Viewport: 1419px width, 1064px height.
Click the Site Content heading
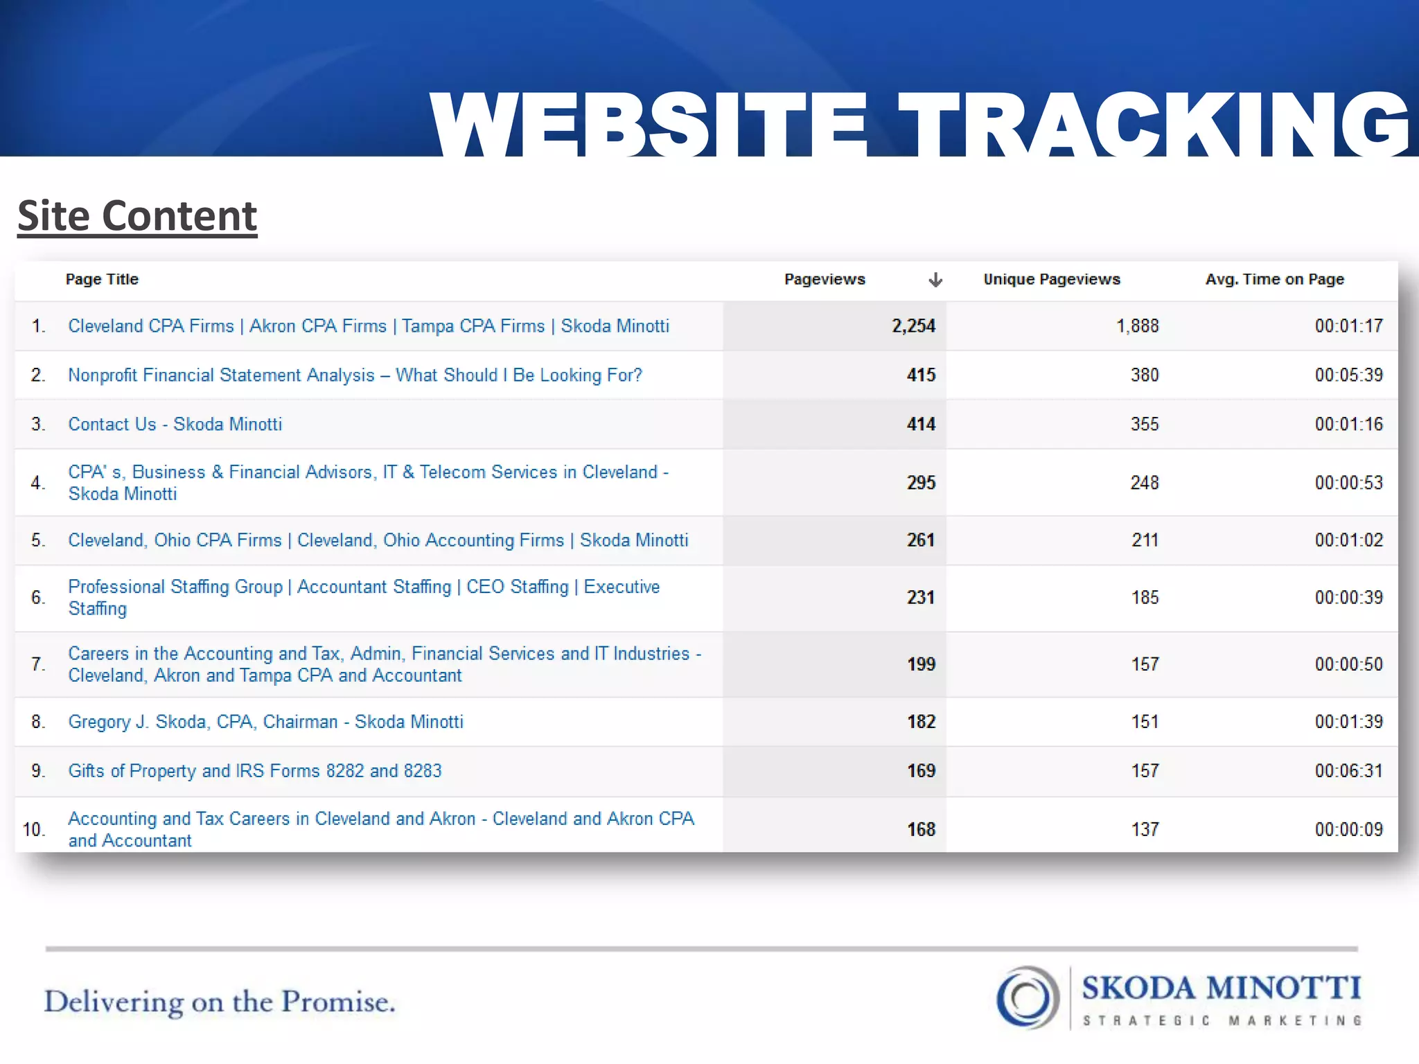pyautogui.click(x=137, y=216)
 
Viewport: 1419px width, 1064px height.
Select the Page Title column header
pyautogui.click(x=102, y=279)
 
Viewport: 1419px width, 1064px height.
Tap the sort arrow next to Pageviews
pyautogui.click(x=935, y=280)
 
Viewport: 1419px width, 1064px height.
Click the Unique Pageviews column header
pyautogui.click(x=1051, y=279)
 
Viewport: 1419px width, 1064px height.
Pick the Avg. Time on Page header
pyautogui.click(x=1274, y=279)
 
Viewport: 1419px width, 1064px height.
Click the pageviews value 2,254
pyautogui.click(x=913, y=326)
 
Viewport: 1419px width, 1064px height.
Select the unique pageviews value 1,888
pyautogui.click(x=1137, y=326)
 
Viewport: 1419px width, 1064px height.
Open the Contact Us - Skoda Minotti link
pyautogui.click(x=175, y=424)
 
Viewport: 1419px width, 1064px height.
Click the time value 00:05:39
pyautogui.click(x=1348, y=375)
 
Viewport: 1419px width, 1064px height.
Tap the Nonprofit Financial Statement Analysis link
pyautogui.click(x=355, y=375)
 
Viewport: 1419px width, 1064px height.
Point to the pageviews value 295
pyautogui.click(x=921, y=483)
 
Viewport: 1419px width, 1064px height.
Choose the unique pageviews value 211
pyautogui.click(x=1145, y=540)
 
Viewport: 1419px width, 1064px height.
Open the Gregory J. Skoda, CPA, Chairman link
pyautogui.click(x=265, y=722)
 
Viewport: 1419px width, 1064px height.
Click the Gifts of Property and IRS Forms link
pyautogui.click(x=254, y=771)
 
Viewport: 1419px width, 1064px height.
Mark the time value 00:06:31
pyautogui.click(x=1348, y=771)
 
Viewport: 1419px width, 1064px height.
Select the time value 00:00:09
pyautogui.click(x=1348, y=829)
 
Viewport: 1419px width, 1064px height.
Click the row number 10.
pyautogui.click(x=33, y=829)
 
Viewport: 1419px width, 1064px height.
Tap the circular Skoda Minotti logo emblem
pyautogui.click(x=1028, y=997)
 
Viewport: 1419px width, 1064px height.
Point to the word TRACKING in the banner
pyautogui.click(x=1153, y=125)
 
